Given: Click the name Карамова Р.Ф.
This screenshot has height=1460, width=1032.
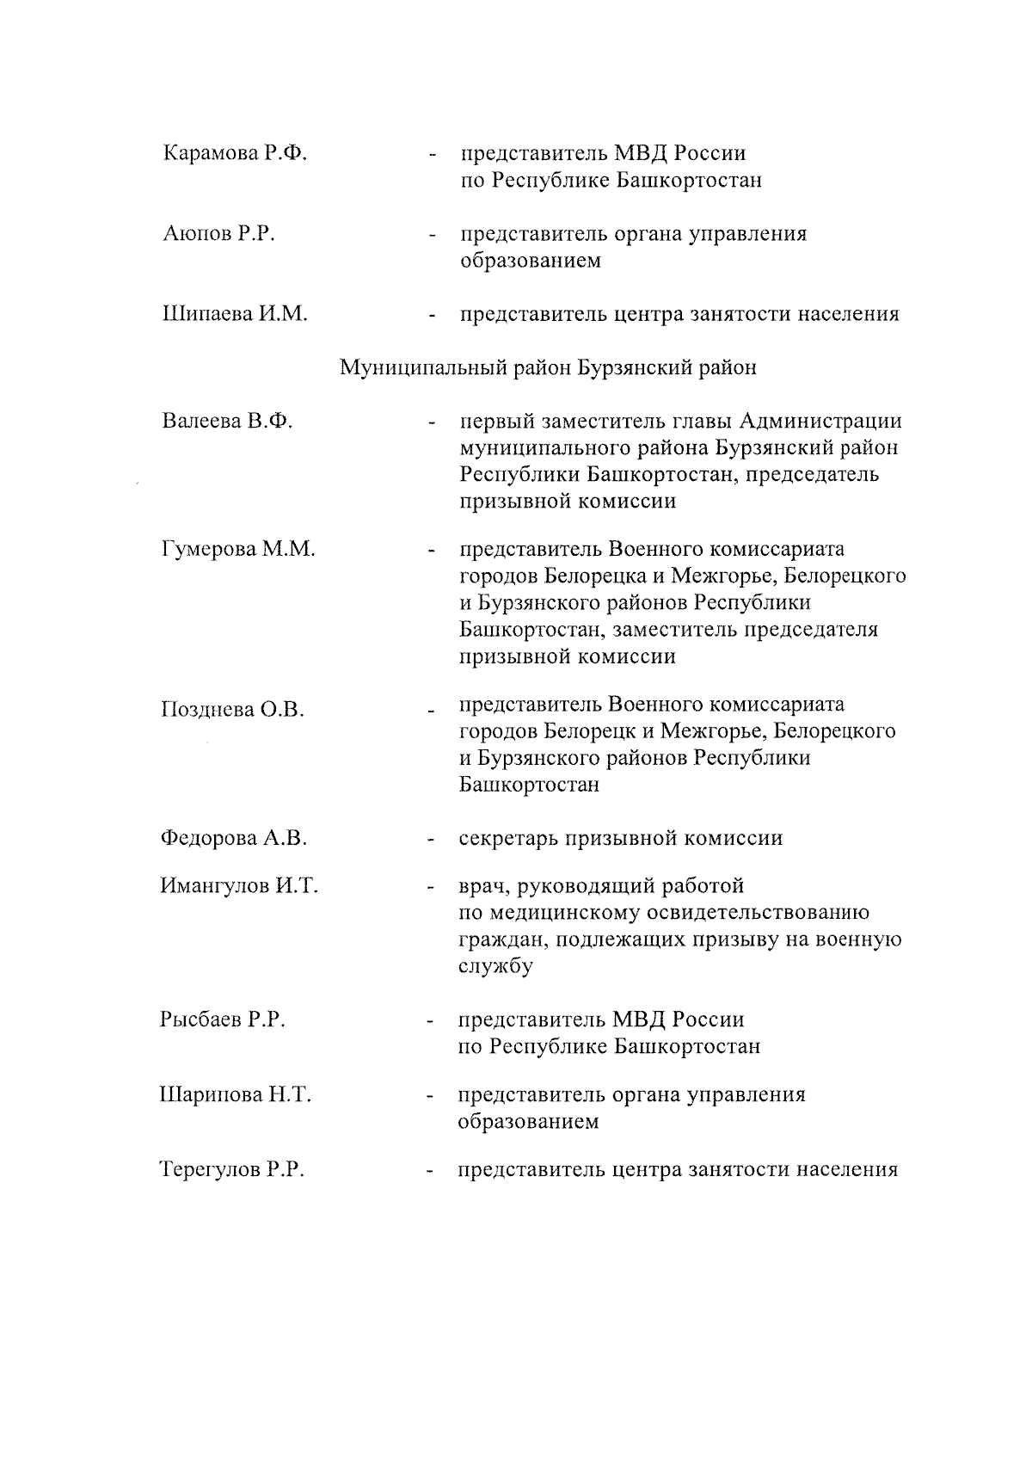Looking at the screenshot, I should pos(235,154).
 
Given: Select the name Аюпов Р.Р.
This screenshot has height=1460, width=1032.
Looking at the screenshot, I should pos(218,234).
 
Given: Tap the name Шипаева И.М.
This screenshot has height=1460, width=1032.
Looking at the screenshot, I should pos(235,314).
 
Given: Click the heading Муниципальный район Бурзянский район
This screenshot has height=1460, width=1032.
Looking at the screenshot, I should pos(548,368).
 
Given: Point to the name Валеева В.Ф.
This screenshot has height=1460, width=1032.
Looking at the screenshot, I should pos(227,422).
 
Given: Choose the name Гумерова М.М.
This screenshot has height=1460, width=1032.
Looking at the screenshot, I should pos(238,549).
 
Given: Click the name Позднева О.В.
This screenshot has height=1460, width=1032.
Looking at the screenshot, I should pos(232,710).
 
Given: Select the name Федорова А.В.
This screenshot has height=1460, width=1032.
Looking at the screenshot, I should pos(234,838).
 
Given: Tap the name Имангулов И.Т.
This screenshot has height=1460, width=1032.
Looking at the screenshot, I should pos(239,886).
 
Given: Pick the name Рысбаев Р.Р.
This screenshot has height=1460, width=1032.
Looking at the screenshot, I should pos(222,1020).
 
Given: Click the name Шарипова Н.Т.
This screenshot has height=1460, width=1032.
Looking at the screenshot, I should pos(236,1095).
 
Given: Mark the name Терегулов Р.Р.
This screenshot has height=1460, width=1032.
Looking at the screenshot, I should pos(232,1170).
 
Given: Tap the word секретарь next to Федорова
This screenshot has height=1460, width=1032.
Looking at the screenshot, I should pos(508,839).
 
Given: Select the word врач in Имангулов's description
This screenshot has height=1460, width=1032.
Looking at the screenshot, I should pos(485,886).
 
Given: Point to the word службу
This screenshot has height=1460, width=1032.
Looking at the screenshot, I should pos(495,966).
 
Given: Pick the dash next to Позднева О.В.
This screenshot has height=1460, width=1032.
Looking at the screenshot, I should pos(428,712).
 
